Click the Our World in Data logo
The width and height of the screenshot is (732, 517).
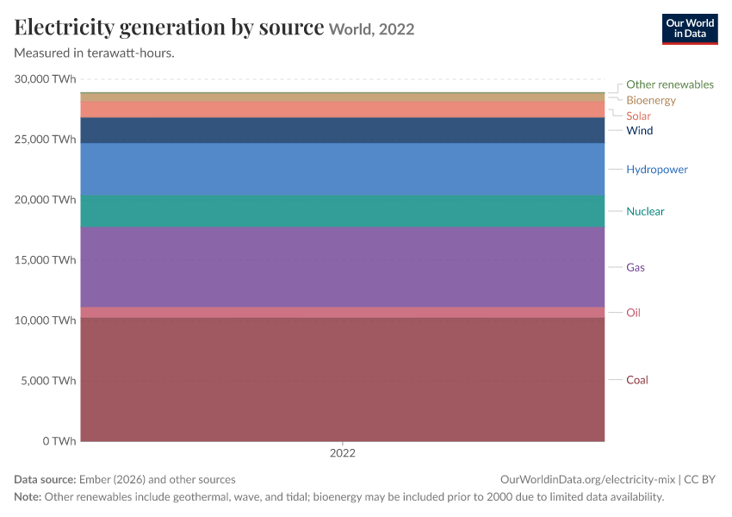pyautogui.click(x=690, y=29)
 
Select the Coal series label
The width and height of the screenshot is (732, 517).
pyautogui.click(x=636, y=380)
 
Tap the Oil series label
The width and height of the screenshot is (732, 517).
pyautogui.click(x=633, y=313)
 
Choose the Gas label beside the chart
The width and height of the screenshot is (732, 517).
pyautogui.click(x=636, y=267)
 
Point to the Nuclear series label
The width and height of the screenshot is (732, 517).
pyautogui.click(x=645, y=211)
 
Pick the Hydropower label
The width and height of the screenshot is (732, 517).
pyautogui.click(x=657, y=169)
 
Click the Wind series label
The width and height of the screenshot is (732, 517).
pyautogui.click(x=640, y=130)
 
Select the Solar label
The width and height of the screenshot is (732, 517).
pyautogui.click(x=638, y=115)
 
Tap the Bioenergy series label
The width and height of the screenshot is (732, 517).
pyautogui.click(x=651, y=100)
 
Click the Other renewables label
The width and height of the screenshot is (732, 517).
pyautogui.click(x=670, y=84)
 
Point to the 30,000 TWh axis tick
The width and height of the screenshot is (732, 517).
pyautogui.click(x=45, y=79)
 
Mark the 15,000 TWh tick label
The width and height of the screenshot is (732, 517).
pyautogui.click(x=45, y=259)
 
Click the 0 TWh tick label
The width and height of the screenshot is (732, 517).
pyautogui.click(x=59, y=441)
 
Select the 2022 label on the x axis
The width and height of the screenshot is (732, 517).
pyautogui.click(x=343, y=453)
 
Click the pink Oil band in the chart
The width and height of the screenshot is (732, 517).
pyautogui.click(x=343, y=313)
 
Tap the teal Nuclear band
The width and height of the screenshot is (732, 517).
pyautogui.click(x=343, y=211)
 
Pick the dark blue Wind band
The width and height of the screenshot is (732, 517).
pyautogui.click(x=343, y=130)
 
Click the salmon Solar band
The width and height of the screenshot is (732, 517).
pyautogui.click(x=343, y=109)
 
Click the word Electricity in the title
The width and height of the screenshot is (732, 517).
pyautogui.click(x=65, y=27)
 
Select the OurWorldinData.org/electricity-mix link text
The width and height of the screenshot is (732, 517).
pyautogui.click(x=587, y=479)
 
